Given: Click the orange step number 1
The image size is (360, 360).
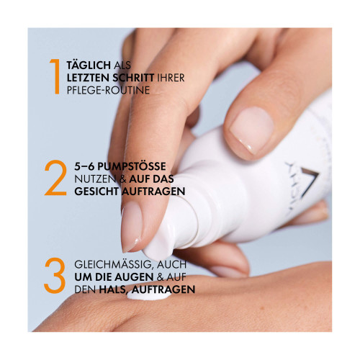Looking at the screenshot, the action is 56,77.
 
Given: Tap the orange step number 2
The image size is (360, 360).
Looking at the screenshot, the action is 55,178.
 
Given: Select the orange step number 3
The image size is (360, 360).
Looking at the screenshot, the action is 55,276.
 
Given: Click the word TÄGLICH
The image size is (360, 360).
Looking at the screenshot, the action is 89,65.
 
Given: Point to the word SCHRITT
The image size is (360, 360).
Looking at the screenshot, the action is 133,78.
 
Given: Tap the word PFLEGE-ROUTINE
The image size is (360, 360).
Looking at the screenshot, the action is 108,90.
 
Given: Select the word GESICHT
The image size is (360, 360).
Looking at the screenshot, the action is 96,192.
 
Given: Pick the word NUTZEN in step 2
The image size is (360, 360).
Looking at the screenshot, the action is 95,179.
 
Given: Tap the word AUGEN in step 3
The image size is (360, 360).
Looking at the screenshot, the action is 134,277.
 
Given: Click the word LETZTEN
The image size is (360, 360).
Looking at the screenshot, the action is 88,78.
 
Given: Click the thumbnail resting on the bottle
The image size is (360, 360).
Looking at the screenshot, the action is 251,131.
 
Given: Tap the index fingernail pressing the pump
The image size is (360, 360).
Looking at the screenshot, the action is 131,226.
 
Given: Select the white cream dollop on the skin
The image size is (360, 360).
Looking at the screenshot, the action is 149,296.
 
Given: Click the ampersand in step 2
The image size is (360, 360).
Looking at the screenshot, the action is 123,179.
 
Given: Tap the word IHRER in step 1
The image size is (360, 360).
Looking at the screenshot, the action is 171,78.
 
